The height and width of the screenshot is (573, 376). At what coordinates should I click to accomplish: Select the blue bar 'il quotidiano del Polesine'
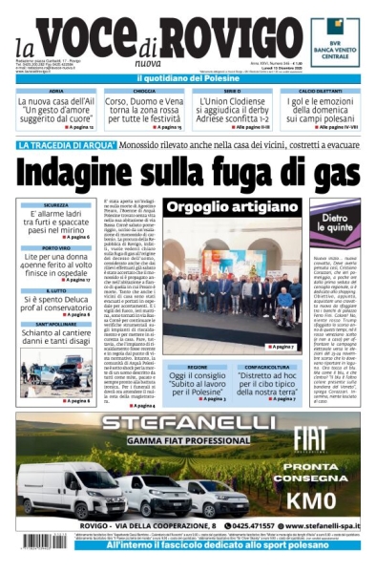coord(187,77)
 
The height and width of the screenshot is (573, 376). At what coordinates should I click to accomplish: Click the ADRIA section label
coord(57,91)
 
